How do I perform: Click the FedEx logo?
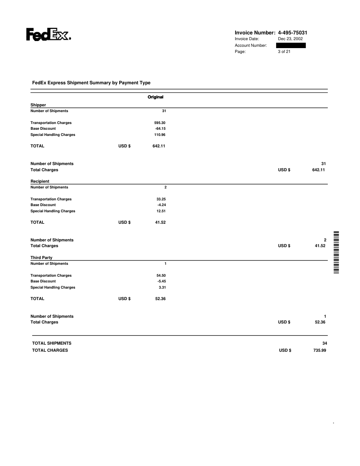[49, 35]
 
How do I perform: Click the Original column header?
[156, 97]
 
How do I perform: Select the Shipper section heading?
[38, 105]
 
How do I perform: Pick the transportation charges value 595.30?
[159, 123]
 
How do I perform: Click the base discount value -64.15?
[160, 128]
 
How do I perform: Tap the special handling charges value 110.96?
[159, 135]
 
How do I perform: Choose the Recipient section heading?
[40, 181]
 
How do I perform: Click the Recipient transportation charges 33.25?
[161, 199]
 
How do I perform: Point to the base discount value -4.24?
[161, 205]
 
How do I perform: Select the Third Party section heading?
[41, 258]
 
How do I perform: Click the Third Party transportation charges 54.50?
[161, 275]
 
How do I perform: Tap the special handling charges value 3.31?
[161, 287]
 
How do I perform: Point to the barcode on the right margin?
[337, 252]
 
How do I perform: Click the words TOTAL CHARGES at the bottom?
[50, 351]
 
